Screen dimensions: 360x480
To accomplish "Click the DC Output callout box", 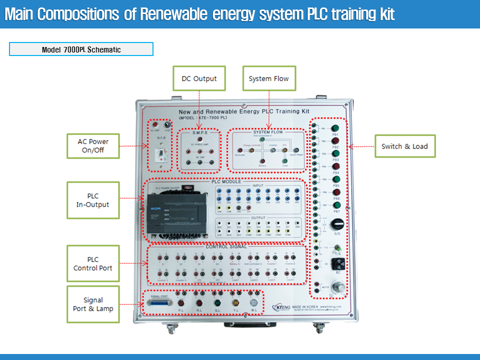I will point(199,78).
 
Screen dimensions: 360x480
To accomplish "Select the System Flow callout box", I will point(269,78).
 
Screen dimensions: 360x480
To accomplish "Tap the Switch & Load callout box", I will point(404,146).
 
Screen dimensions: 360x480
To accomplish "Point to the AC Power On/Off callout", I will point(93,145).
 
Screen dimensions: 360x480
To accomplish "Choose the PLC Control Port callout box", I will point(93,263).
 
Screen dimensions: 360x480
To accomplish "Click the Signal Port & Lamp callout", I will point(93,304).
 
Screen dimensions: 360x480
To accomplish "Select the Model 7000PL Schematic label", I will point(81,49).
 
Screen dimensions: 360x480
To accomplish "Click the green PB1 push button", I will point(335,127).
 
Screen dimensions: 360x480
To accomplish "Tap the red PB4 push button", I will point(336,166).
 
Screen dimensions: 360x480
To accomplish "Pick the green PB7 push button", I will point(336,205).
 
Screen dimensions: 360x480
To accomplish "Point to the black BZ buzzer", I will point(337,263).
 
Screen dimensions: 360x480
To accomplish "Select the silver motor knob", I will point(340,287).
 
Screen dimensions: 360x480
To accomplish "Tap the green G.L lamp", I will point(217,303).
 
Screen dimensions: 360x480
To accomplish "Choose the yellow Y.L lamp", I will point(236,303).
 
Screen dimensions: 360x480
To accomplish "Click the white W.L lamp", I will point(254,303).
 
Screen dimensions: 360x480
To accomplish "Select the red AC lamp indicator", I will point(155,124).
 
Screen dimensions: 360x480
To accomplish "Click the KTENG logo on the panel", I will point(282,307).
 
